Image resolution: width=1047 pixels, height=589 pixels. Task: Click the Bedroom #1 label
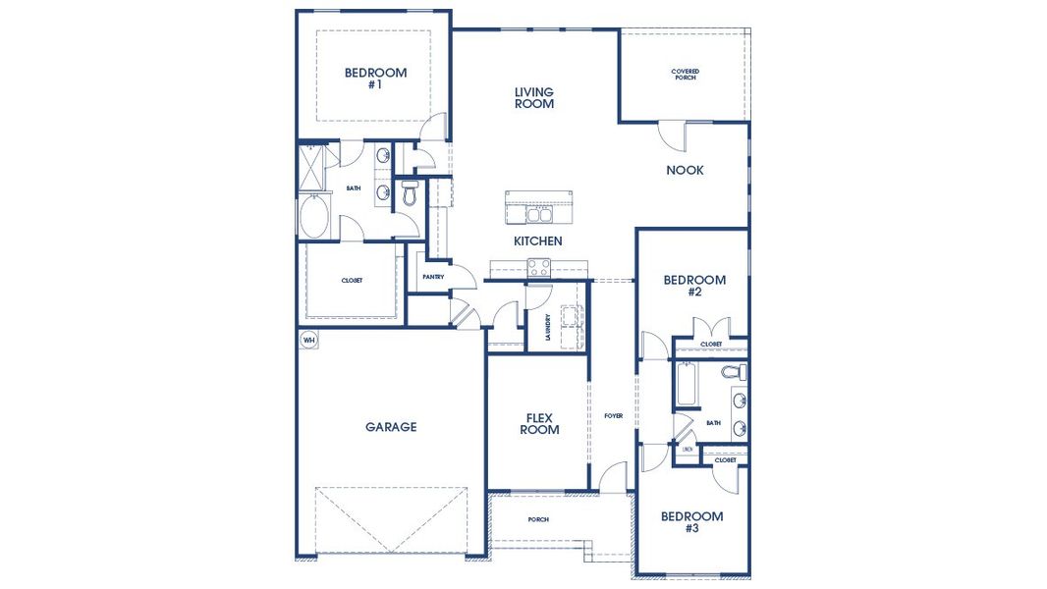pos(375,79)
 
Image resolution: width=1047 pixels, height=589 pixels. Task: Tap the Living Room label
pos(534,98)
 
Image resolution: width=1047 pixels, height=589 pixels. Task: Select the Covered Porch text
pos(685,75)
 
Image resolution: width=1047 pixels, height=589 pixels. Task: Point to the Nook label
pos(685,170)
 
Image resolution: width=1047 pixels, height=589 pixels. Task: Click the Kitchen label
pos(538,241)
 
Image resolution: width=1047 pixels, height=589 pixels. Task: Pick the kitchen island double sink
pos(537,213)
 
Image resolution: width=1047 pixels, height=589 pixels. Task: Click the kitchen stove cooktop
pos(538,265)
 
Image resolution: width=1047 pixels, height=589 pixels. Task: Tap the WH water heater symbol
pos(309,341)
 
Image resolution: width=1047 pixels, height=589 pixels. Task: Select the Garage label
pos(391,427)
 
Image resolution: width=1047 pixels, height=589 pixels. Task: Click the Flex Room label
pos(539,424)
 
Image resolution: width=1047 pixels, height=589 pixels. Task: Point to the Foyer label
pos(614,416)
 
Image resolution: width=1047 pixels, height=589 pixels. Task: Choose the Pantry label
pos(433,277)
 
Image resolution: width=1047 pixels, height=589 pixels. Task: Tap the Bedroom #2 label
pos(694,286)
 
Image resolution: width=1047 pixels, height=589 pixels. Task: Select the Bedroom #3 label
pos(691,522)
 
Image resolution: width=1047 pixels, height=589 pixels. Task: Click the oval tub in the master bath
pos(316,217)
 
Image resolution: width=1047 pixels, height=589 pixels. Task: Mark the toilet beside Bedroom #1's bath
pos(410,192)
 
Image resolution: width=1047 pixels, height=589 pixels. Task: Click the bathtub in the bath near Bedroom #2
pos(686,387)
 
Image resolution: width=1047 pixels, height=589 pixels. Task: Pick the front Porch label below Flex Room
pos(537,519)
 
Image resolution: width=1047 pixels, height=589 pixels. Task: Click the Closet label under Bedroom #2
pos(711,345)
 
